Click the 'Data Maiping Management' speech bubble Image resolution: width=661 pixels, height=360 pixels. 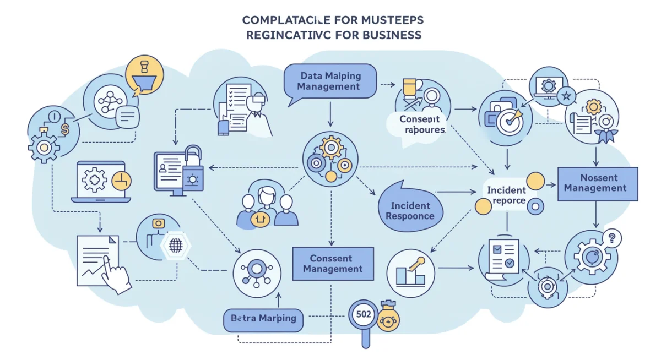coord(330,81)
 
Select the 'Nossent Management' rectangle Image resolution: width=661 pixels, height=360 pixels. coord(598,183)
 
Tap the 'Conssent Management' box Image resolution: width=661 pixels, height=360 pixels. coord(333,264)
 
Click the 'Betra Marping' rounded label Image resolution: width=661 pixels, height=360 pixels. coord(263,319)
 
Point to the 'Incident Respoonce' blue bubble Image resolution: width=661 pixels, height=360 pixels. coord(409,210)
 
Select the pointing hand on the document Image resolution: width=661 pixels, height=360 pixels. coord(118,278)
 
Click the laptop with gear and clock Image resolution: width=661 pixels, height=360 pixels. coord(101,181)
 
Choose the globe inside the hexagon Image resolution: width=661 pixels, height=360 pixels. coord(175,246)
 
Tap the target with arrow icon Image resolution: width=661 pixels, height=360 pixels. coord(509,121)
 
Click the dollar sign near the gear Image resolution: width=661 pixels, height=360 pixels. coord(66,130)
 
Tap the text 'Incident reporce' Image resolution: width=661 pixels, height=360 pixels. coord(506,195)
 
